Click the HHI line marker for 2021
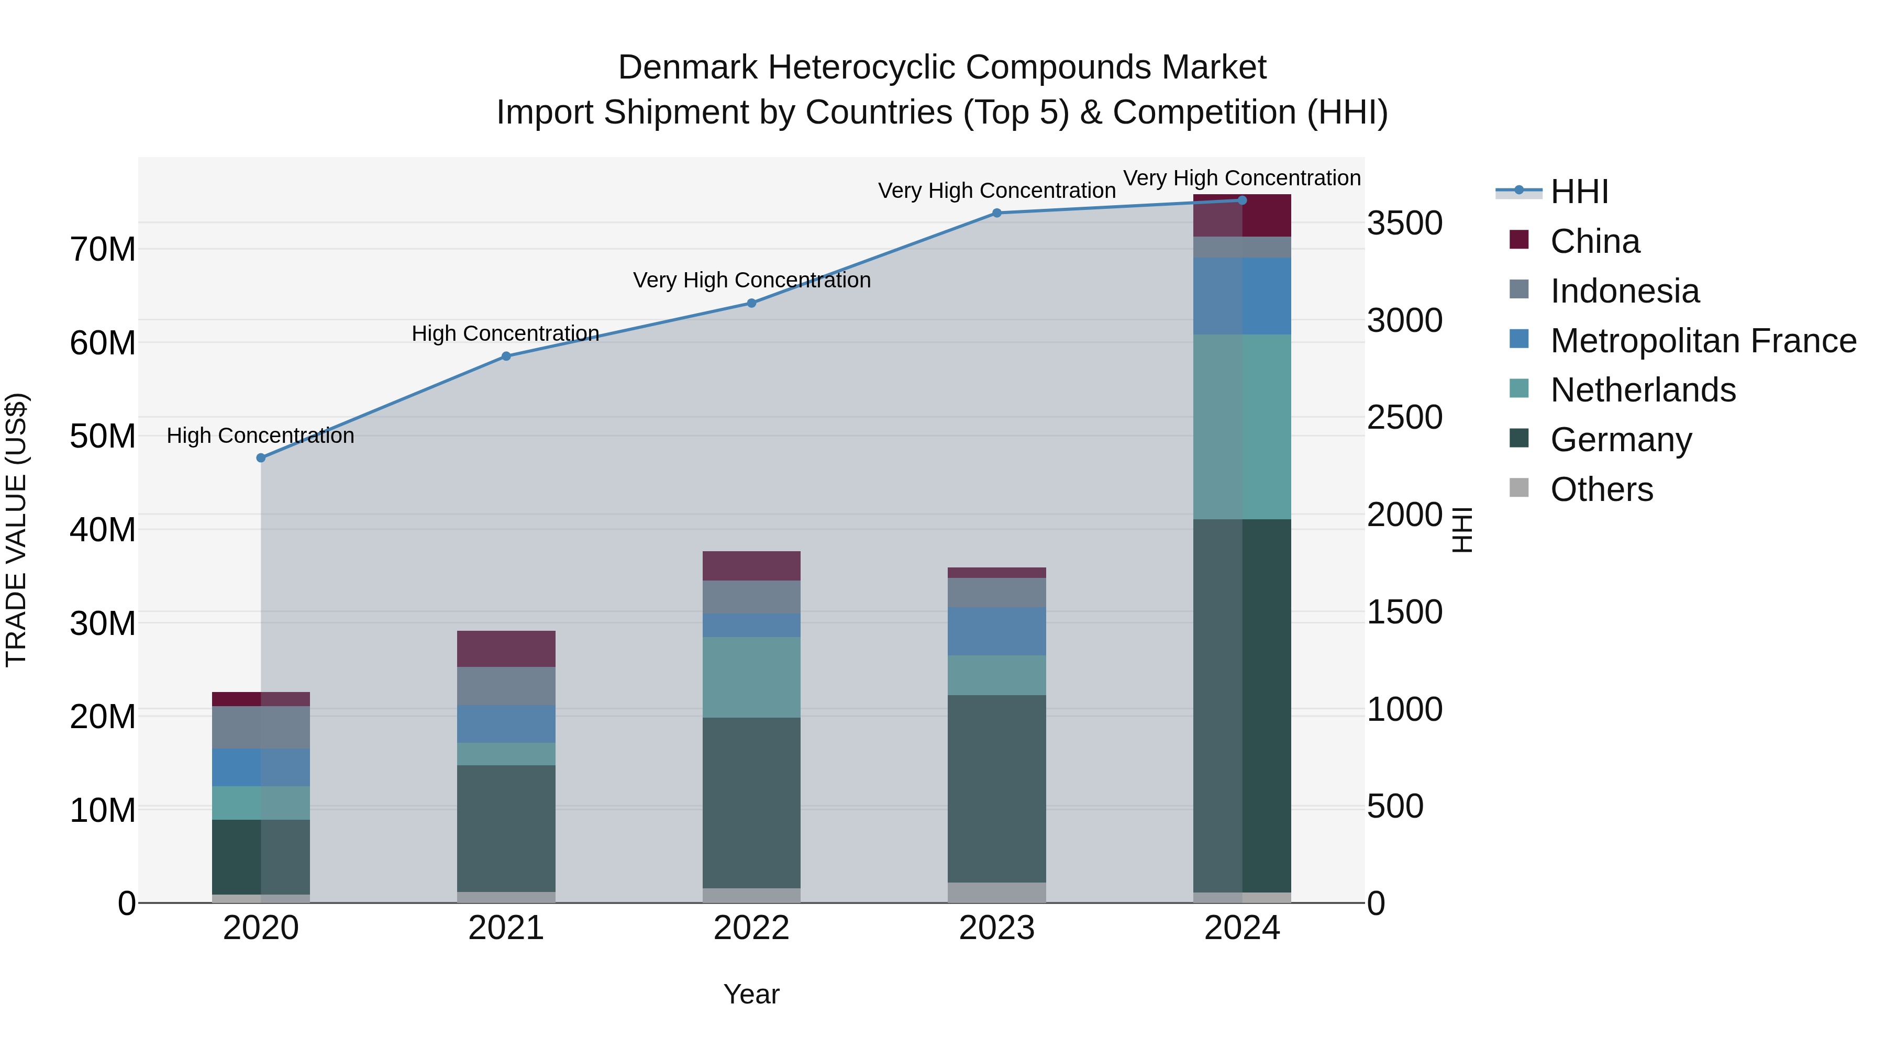506,356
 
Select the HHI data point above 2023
996,213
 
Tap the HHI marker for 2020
261,458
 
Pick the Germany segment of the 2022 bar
751,802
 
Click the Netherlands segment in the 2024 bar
1242,427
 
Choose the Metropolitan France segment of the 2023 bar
996,631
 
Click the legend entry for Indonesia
1624,291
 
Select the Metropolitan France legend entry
1703,341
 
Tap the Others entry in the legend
1601,489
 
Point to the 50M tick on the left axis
103,436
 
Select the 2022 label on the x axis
751,928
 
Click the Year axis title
751,994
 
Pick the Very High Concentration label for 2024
1242,178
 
